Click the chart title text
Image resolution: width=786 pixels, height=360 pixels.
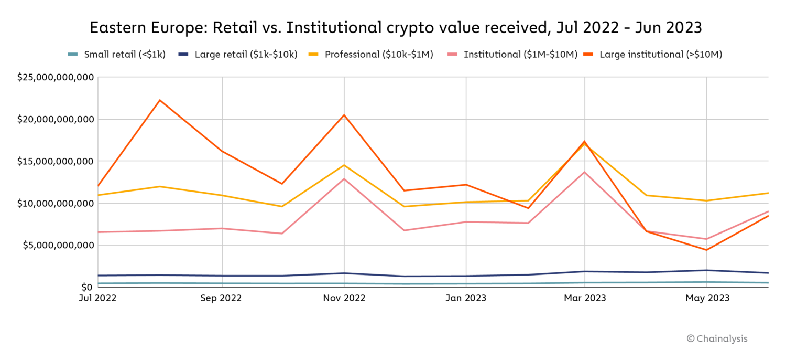click(x=396, y=27)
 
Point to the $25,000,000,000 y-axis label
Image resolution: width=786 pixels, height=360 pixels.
click(x=56, y=78)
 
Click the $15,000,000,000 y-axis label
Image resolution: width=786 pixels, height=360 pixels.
click(x=56, y=161)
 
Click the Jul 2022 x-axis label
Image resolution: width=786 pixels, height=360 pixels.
click(x=98, y=298)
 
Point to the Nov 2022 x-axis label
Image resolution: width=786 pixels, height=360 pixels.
click(x=344, y=298)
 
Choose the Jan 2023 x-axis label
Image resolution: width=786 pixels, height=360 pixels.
click(x=466, y=298)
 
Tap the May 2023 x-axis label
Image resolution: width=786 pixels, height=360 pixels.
click(x=707, y=298)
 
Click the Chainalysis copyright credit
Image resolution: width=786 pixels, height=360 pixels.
click(x=717, y=338)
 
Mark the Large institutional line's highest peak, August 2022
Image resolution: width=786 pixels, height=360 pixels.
click(x=160, y=100)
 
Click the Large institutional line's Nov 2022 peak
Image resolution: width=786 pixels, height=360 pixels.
click(x=344, y=115)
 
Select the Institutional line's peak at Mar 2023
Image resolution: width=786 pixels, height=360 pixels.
click(x=585, y=172)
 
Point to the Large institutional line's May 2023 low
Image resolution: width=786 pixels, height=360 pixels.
click(x=707, y=250)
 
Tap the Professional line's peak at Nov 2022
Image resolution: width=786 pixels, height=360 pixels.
click(x=344, y=165)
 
